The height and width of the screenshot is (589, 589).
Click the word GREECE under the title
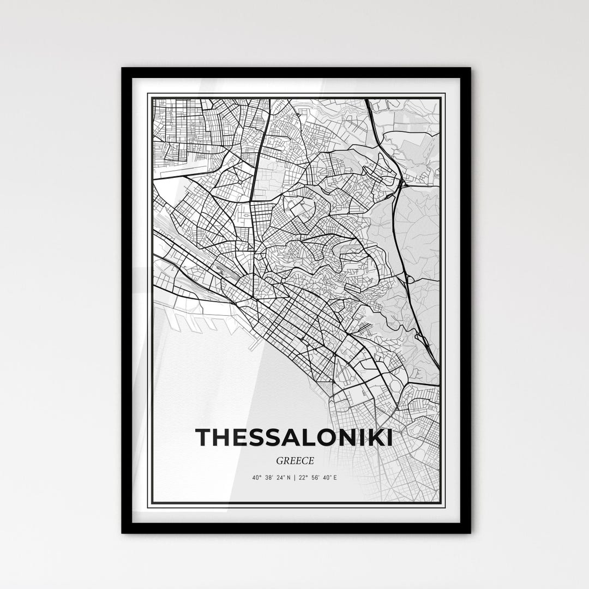click(294, 461)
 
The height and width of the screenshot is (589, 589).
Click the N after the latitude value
click(288, 478)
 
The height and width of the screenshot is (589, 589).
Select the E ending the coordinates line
click(335, 478)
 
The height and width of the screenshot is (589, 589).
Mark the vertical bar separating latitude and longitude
click(294, 478)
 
